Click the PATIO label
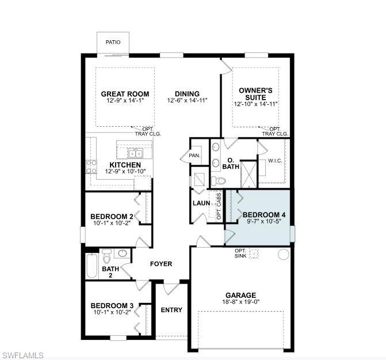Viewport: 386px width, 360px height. tap(113, 43)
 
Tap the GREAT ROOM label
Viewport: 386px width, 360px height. tap(125, 94)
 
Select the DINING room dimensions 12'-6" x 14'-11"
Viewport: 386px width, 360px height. tap(187, 101)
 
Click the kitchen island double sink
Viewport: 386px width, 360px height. tap(136, 153)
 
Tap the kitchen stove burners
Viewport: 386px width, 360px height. tap(91, 166)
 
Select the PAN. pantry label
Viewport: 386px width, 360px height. tap(194, 156)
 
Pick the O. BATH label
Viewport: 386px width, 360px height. tap(231, 164)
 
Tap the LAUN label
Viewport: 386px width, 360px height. tap(200, 203)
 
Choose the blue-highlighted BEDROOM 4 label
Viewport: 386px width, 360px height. tap(264, 214)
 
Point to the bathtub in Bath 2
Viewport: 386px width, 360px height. tap(91, 266)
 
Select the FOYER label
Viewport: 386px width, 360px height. tap(161, 264)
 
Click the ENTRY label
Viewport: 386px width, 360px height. tap(171, 310)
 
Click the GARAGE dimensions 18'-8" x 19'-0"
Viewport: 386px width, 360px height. tap(240, 302)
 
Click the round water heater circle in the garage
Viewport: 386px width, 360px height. tap(282, 254)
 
